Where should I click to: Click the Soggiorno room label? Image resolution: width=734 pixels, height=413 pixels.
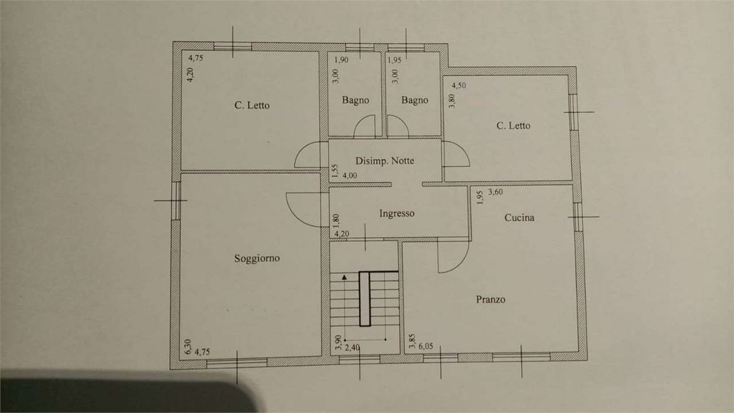point(257,258)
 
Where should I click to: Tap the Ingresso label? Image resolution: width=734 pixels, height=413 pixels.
point(397,214)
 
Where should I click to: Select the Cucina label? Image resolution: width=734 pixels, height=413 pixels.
point(519,218)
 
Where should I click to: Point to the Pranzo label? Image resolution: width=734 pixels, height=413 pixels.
point(490,299)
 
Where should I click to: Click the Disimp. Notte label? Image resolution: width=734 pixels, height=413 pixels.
point(385,161)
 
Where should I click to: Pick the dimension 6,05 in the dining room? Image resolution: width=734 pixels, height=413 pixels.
point(425,346)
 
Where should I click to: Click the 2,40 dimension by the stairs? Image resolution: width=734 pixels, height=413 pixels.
point(352,348)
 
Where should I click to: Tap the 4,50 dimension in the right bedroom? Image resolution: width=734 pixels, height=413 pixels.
point(459,86)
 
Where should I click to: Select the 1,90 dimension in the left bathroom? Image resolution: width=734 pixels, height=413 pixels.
point(341,60)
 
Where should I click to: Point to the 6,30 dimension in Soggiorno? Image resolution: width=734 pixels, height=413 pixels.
point(188,347)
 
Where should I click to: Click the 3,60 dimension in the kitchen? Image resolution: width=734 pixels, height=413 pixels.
point(496,192)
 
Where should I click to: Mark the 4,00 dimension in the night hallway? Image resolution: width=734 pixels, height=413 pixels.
point(350,176)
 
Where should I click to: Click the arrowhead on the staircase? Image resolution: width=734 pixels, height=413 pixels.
point(344,277)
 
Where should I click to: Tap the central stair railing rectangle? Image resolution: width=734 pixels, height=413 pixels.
point(365,299)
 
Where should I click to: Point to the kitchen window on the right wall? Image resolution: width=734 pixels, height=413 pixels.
point(578,217)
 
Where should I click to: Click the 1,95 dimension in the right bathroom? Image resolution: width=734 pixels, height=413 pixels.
point(395,60)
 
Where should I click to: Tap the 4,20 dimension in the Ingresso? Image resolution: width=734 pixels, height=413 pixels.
point(342,234)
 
